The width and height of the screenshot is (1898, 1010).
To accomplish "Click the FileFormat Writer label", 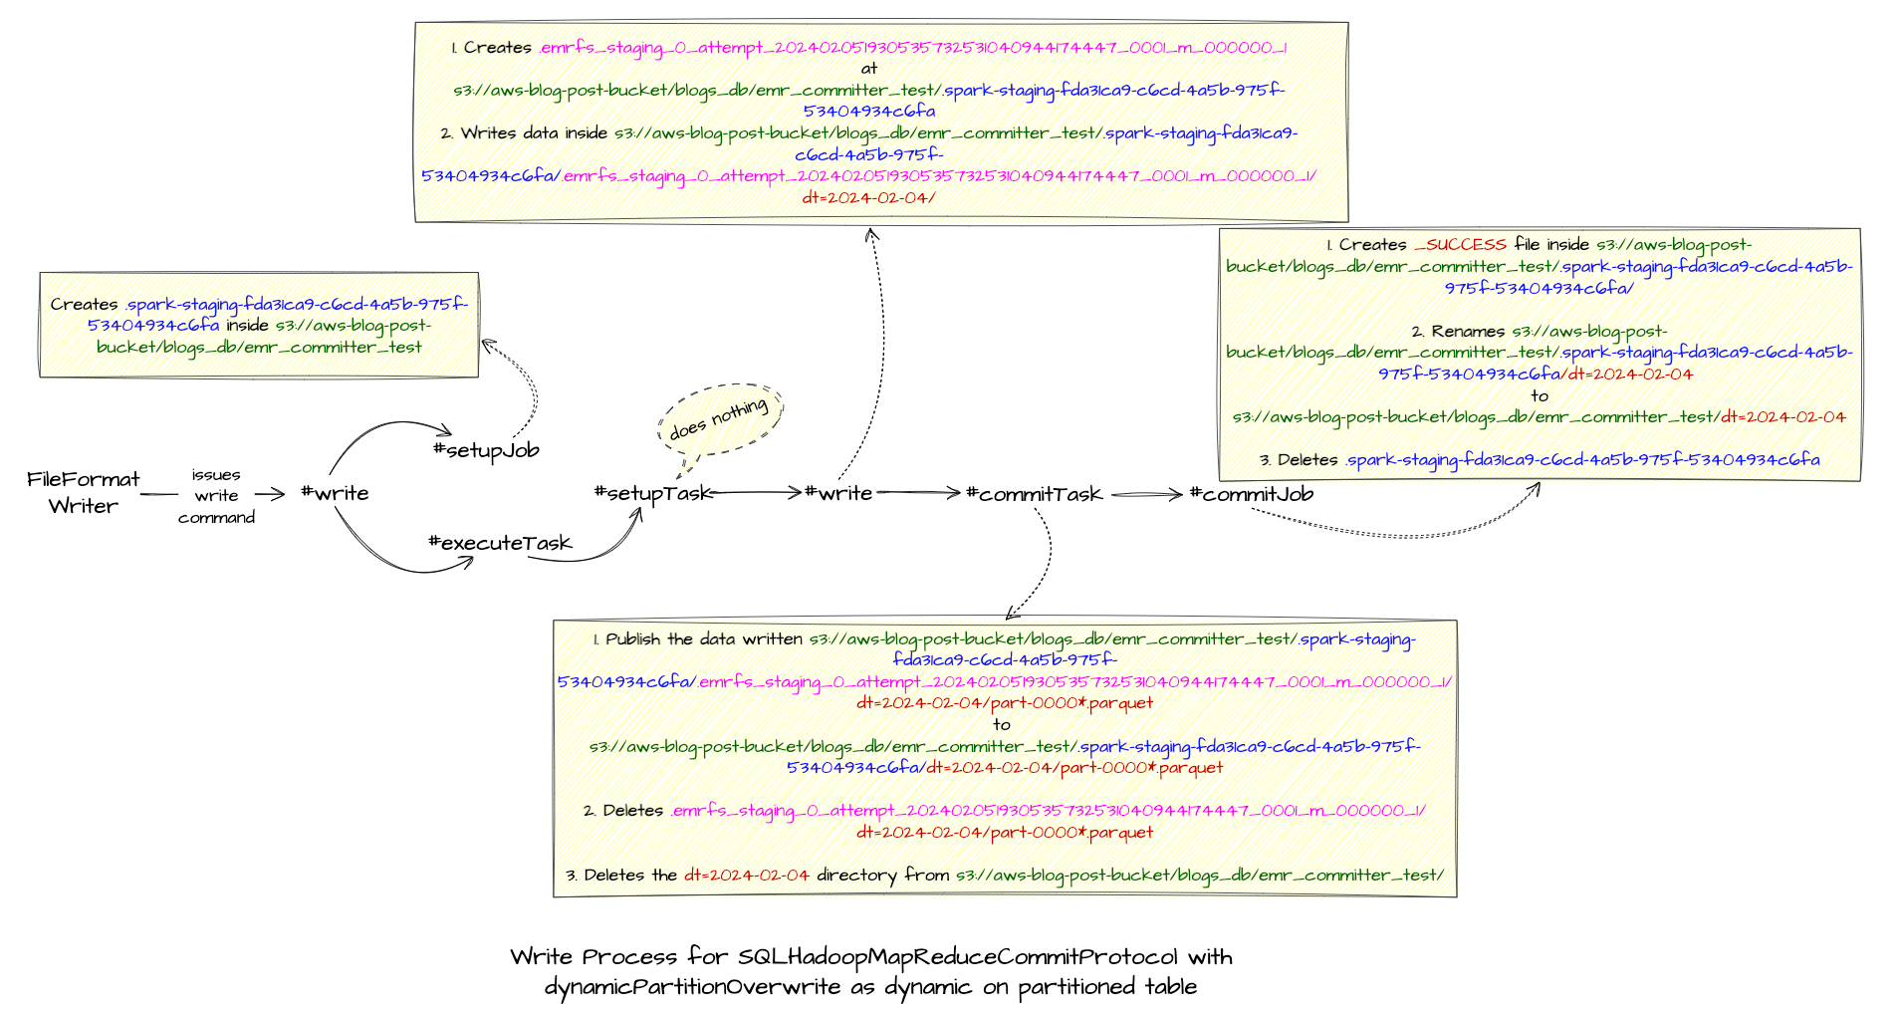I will [84, 492].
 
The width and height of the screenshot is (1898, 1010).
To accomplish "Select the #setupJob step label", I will [486, 450].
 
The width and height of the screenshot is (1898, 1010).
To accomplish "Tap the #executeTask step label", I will [500, 543].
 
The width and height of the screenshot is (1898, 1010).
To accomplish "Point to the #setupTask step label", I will [652, 494].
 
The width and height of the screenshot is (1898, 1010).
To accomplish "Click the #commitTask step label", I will [1035, 494].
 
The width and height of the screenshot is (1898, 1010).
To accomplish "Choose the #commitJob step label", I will [1252, 494].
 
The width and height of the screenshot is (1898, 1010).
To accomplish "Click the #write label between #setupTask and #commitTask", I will [838, 493].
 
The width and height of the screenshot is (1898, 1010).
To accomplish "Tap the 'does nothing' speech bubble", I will [719, 418].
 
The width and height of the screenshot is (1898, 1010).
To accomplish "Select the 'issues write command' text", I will [216, 496].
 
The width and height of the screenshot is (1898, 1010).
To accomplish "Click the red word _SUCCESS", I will [1460, 245].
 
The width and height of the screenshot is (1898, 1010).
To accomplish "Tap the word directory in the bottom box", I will [856, 876].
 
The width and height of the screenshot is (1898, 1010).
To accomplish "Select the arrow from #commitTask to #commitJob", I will [1146, 494].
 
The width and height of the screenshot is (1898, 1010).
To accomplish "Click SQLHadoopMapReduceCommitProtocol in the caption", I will [957, 957].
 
